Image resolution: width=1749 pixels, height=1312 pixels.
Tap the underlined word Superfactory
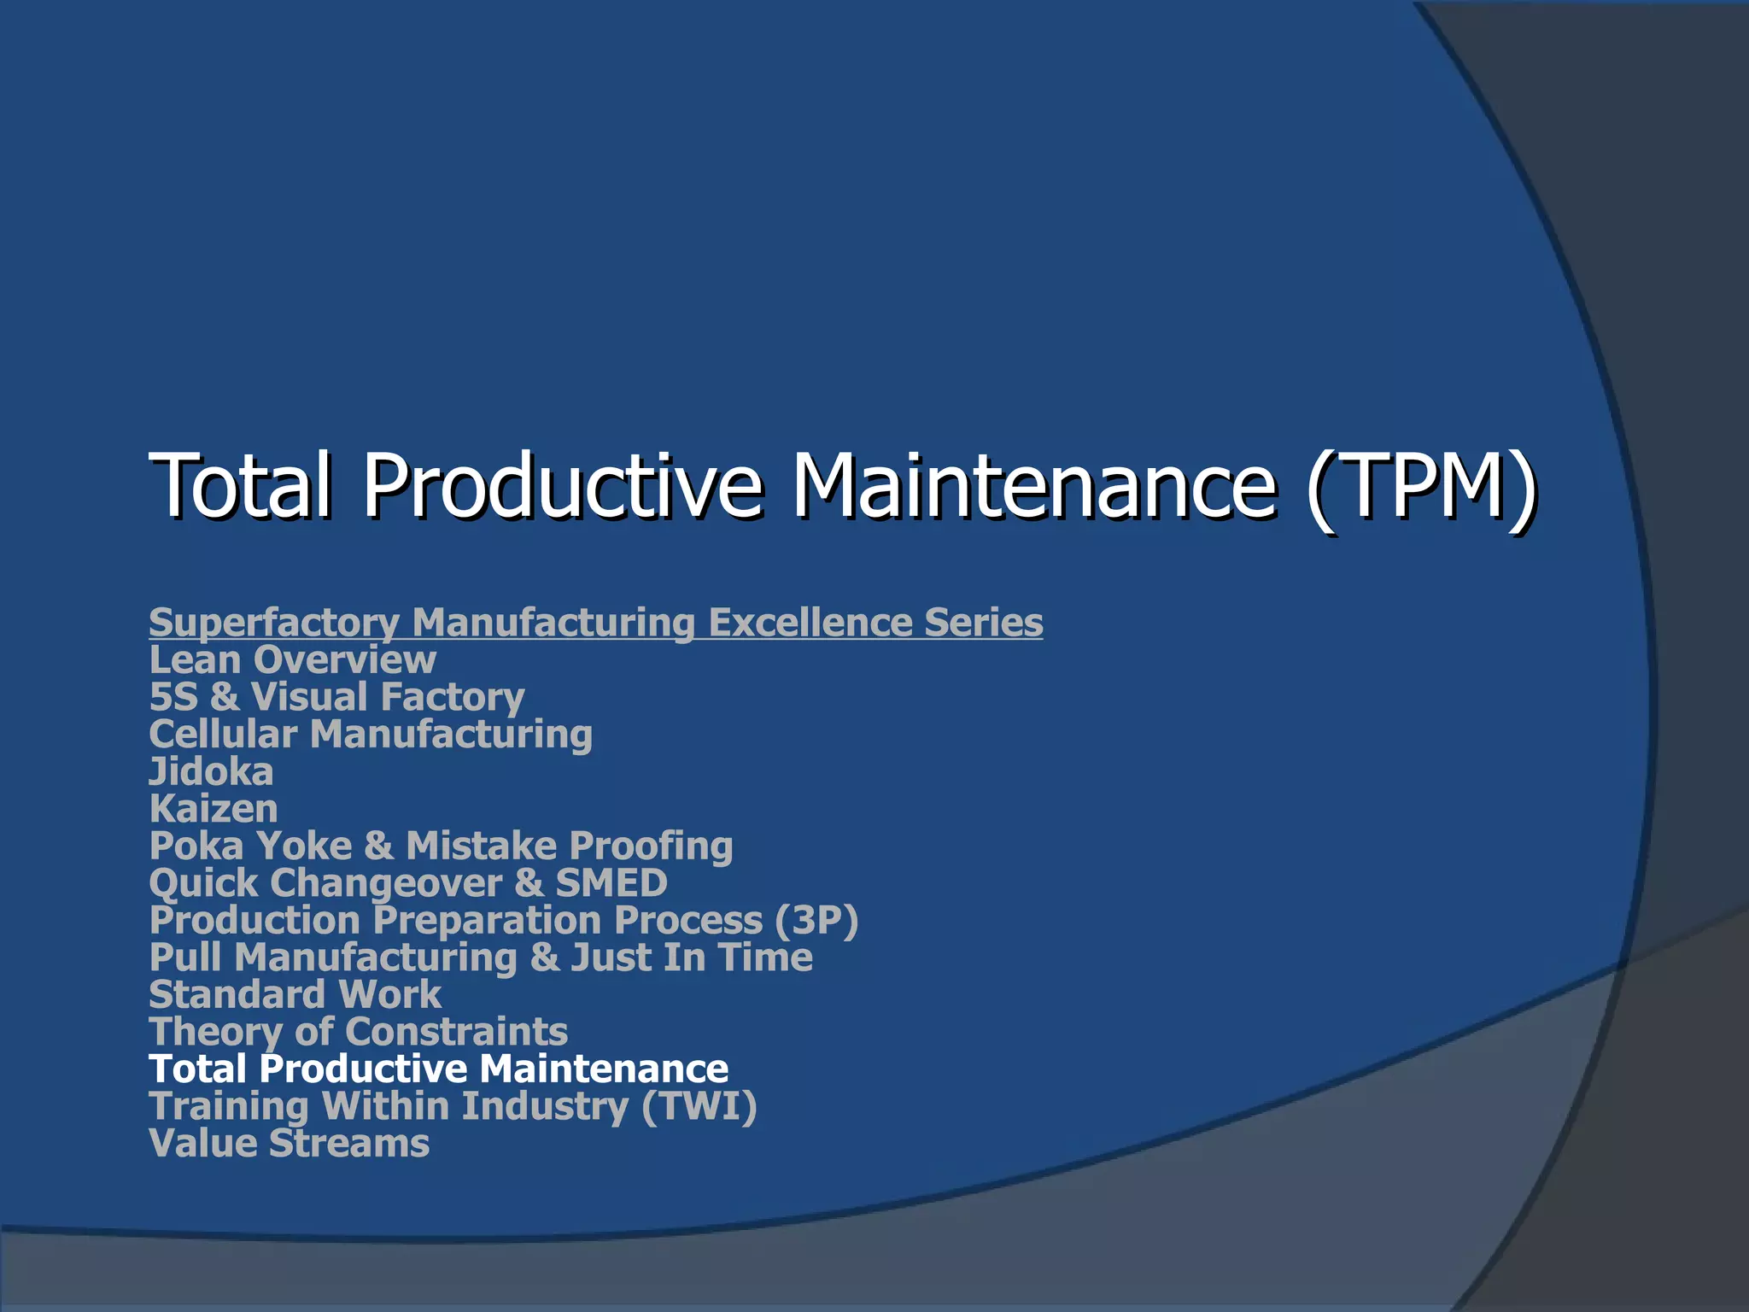tap(274, 623)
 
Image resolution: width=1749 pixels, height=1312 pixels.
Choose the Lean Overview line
tap(292, 660)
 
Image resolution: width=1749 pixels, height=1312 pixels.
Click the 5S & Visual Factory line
tap(336, 697)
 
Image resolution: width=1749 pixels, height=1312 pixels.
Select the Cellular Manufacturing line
tap(371, 735)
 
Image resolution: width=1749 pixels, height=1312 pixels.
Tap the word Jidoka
tap(211, 772)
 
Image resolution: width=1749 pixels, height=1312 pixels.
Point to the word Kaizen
tap(214, 809)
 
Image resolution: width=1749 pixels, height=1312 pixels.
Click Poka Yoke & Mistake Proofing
tap(441, 846)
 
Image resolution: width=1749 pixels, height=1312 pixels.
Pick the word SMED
tap(611, 883)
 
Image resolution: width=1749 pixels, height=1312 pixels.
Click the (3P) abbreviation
tap(816, 921)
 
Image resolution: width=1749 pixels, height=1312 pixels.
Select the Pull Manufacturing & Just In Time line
tap(481, 958)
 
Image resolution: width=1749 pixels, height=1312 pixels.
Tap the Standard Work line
tap(295, 995)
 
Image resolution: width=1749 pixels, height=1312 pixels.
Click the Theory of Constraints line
tap(358, 1032)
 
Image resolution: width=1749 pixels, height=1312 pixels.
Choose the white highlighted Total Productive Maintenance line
tap(438, 1069)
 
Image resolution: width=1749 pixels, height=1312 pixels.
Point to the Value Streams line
tap(289, 1144)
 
